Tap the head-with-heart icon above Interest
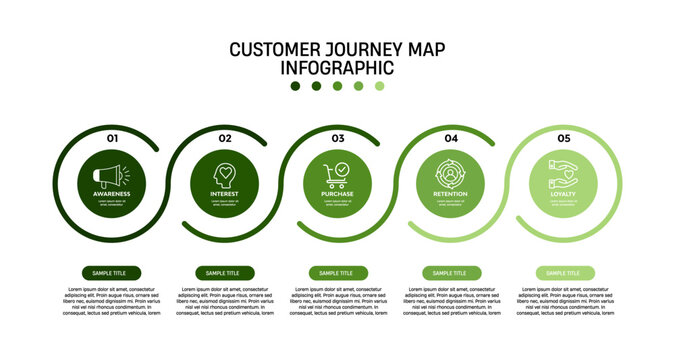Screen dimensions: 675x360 [x=225, y=172]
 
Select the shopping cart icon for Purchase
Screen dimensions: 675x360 [x=337, y=173]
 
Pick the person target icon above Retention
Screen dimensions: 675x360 [x=451, y=172]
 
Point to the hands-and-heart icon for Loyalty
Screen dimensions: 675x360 [x=564, y=170]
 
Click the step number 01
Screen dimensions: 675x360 [x=112, y=138]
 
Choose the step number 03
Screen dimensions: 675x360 [x=338, y=138]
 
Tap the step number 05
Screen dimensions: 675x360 [x=564, y=138]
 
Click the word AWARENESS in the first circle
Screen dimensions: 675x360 [x=112, y=193]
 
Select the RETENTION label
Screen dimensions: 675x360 [x=451, y=193]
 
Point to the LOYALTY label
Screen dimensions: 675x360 [x=564, y=193]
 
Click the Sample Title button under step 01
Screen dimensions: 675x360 [x=110, y=273]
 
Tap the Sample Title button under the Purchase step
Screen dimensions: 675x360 [x=337, y=273]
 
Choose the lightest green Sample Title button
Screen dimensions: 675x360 [x=564, y=273]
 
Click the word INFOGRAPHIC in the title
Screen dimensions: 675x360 [x=337, y=68]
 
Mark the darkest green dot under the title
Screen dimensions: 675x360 [x=295, y=86]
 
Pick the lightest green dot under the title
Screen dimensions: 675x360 [x=380, y=86]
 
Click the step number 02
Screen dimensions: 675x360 [x=225, y=138]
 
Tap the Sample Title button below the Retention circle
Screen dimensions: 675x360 [x=451, y=273]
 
